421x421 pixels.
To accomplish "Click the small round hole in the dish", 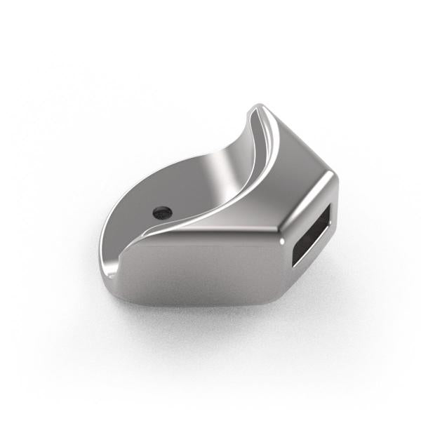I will click(x=162, y=210).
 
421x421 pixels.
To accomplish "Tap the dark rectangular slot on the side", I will click(x=312, y=239).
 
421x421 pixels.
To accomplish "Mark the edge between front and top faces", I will click(x=210, y=237).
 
